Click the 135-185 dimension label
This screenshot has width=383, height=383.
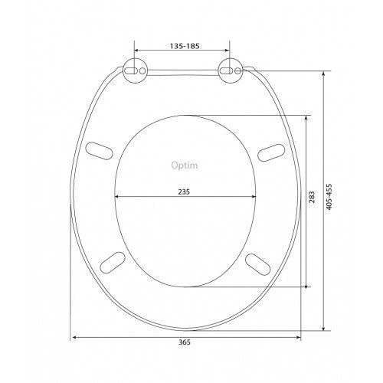[185, 46]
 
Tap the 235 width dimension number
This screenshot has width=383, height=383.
[184, 191]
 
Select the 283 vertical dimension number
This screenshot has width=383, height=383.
[312, 197]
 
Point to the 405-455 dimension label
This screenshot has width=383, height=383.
[329, 197]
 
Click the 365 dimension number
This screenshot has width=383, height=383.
[185, 342]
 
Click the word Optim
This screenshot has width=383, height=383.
[185, 165]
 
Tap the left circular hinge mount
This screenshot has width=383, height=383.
[135, 70]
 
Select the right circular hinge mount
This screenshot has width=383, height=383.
[230, 70]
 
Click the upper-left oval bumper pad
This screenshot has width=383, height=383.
[99, 151]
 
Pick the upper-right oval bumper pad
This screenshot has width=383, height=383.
[271, 152]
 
